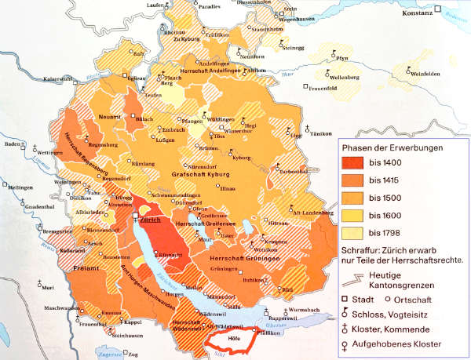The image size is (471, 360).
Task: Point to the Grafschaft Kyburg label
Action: [x=192, y=175]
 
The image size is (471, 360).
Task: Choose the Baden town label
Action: [x=12, y=144]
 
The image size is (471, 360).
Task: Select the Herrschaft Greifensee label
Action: [x=214, y=225]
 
